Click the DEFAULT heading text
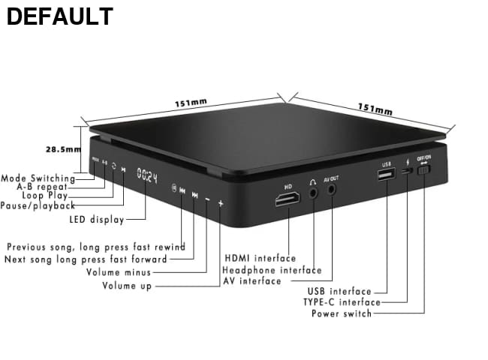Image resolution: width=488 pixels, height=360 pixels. click(x=60, y=16)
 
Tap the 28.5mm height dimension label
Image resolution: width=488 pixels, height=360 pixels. click(x=62, y=149)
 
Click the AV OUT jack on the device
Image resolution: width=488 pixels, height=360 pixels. click(x=331, y=190)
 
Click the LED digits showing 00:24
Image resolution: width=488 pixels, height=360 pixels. click(x=147, y=177)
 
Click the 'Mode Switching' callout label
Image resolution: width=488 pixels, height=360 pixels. click(x=38, y=178)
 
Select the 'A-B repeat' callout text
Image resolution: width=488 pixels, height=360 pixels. click(x=42, y=187)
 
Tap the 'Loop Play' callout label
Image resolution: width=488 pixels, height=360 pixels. click(x=44, y=196)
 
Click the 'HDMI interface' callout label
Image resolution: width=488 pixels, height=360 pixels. click(x=259, y=259)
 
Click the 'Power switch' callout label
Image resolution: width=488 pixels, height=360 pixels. click(x=342, y=313)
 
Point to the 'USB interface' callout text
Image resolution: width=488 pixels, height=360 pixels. click(x=339, y=291)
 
